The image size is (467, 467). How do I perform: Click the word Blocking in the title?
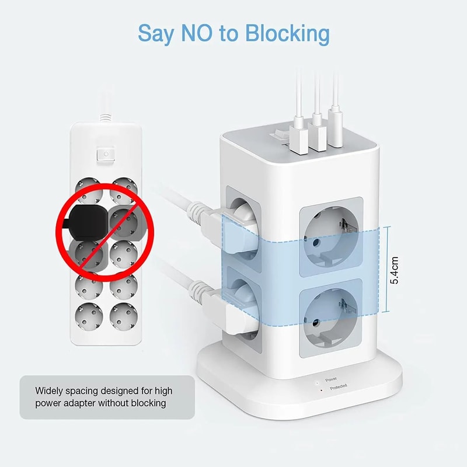(287, 34)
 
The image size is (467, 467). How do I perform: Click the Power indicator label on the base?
(331, 379)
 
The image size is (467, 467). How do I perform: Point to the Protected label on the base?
(338, 387)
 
